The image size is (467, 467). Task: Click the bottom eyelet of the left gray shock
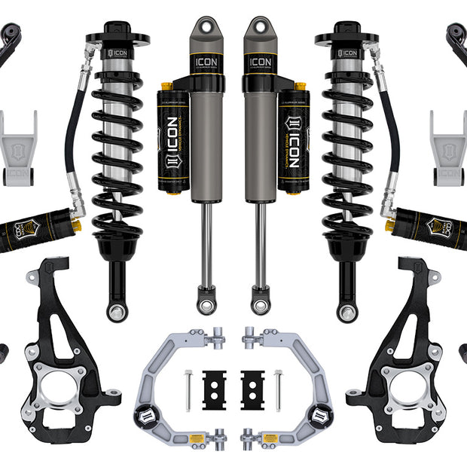tap(206, 304)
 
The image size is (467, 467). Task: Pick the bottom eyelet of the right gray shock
tap(261, 304)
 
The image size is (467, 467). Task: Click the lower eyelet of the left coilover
tap(117, 310)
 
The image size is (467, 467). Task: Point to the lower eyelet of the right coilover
tap(348, 310)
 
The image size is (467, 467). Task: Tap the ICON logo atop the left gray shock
tap(205, 62)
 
